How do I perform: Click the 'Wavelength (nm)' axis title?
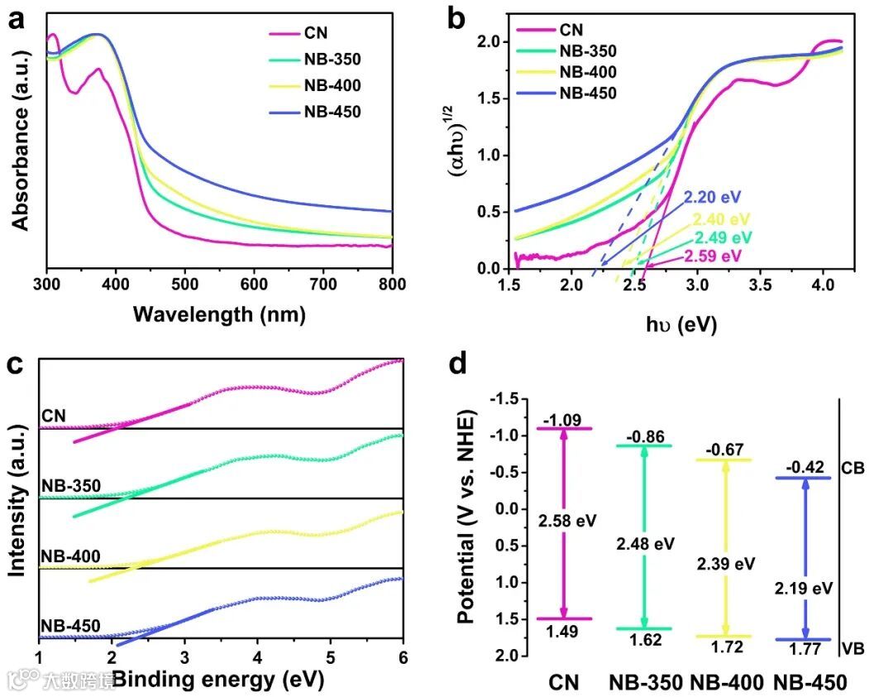(219, 315)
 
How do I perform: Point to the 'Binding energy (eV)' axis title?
(217, 680)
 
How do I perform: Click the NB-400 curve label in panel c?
(69, 556)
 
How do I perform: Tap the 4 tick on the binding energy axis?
(257, 656)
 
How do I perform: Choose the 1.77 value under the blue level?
(805, 649)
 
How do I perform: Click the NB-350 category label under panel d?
(646, 683)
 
